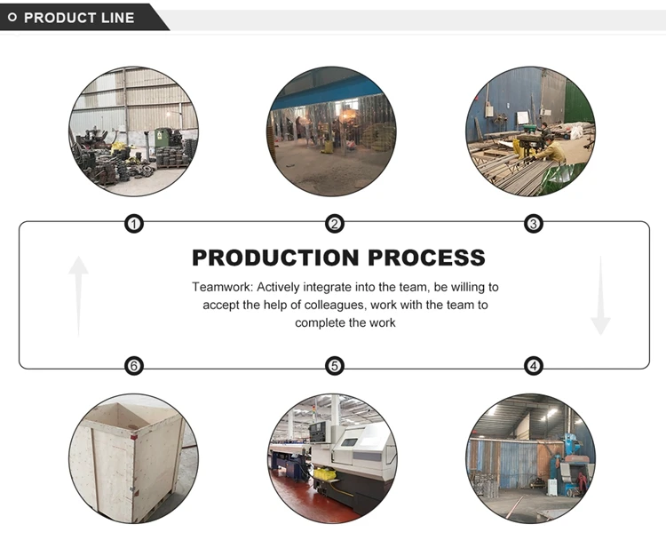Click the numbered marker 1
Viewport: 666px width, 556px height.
[133, 224]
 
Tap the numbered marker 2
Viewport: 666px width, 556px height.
[334, 224]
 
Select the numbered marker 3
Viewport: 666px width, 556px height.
[533, 224]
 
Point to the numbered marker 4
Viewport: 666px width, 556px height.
[533, 366]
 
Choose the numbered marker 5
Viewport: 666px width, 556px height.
[334, 366]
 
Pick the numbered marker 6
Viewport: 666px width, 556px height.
[133, 366]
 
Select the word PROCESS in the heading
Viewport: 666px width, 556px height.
[427, 258]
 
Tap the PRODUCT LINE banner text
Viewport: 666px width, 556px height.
[79, 18]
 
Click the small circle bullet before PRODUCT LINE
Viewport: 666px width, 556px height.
[12, 18]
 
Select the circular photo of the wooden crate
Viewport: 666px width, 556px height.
[133, 458]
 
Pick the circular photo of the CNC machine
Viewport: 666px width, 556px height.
[333, 458]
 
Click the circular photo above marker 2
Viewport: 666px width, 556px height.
[333, 131]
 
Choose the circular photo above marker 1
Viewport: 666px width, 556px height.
[133, 131]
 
